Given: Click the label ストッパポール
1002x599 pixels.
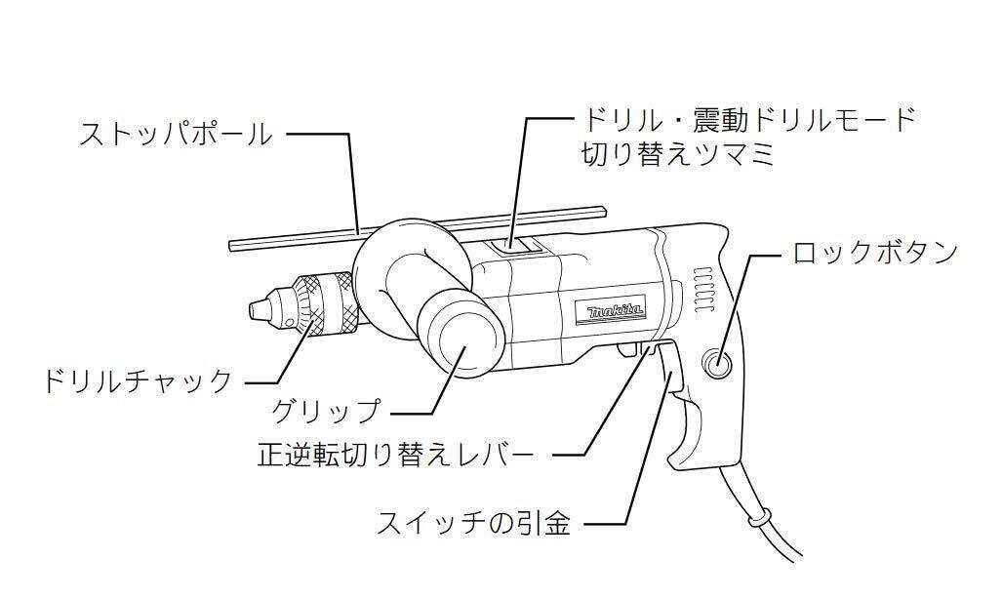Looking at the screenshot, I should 176,134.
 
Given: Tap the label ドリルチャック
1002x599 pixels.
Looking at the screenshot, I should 138,379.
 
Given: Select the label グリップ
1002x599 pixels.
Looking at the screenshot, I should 325,411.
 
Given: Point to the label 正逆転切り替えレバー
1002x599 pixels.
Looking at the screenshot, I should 396,455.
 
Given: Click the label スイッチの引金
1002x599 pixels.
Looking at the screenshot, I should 474,523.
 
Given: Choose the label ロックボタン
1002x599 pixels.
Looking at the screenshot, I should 874,253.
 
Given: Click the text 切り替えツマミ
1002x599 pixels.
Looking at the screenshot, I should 679,154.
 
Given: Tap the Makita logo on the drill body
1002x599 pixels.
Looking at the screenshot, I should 615,311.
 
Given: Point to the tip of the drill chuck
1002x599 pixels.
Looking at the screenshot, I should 256,309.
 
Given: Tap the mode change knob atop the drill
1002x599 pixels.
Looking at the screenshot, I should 517,247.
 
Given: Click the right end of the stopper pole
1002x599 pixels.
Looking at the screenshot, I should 602,208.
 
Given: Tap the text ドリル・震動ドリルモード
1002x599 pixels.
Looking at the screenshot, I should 749,120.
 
